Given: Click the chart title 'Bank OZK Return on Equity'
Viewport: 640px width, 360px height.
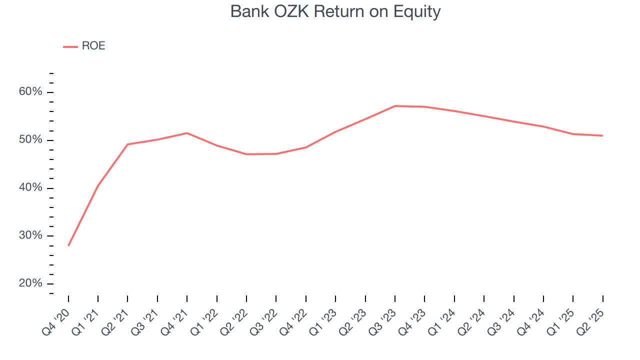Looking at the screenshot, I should point(335,11).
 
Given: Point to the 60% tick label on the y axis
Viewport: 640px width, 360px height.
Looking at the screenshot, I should point(30,92).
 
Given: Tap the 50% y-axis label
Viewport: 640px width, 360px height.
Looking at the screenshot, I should point(30,140).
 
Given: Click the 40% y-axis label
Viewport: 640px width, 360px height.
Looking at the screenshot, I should point(30,187).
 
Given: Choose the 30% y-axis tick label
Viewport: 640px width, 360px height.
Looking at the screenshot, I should point(30,235).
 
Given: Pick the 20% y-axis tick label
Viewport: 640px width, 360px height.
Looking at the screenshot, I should point(30,283).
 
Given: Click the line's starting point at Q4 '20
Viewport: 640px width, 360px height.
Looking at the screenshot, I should point(68,245).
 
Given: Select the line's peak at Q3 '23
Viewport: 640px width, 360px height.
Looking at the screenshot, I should point(395,106).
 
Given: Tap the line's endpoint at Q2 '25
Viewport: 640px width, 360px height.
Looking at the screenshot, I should point(602,135).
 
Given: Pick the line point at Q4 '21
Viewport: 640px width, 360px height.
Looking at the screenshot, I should point(187,133).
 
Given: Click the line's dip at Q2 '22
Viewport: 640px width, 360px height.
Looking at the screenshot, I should point(246,154).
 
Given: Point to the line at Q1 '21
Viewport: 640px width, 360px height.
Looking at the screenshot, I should point(98,185).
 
